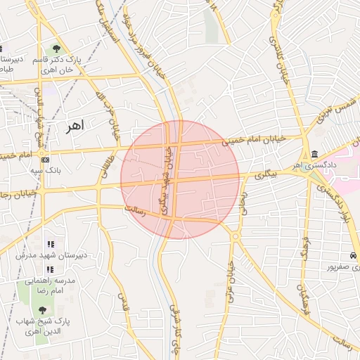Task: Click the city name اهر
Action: coord(73,127)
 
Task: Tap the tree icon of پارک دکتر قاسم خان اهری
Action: coord(56,49)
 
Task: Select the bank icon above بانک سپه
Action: coord(45,160)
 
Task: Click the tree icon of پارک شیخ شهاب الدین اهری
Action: coord(41,310)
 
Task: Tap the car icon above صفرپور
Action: coord(353,255)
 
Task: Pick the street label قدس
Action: coord(124,302)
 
